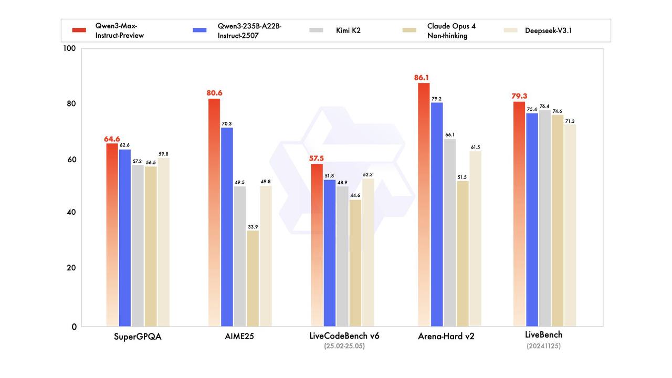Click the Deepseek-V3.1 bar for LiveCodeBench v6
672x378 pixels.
click(x=368, y=252)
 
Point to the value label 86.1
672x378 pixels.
click(x=422, y=78)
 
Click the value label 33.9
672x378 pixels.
click(x=253, y=227)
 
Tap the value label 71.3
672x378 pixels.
click(x=570, y=121)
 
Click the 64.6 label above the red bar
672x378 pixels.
click(x=112, y=139)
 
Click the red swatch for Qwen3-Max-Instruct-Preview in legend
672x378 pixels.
click(x=79, y=30)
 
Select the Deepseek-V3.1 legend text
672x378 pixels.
click(x=548, y=30)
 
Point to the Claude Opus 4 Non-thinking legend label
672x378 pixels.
click(x=451, y=30)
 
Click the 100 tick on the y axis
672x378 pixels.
click(x=70, y=48)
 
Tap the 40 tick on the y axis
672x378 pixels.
click(x=71, y=212)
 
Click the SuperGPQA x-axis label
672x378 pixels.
click(x=138, y=337)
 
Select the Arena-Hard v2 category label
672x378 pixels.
click(x=446, y=337)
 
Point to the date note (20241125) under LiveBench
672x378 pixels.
click(x=543, y=346)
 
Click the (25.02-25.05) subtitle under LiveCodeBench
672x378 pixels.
click(x=344, y=346)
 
